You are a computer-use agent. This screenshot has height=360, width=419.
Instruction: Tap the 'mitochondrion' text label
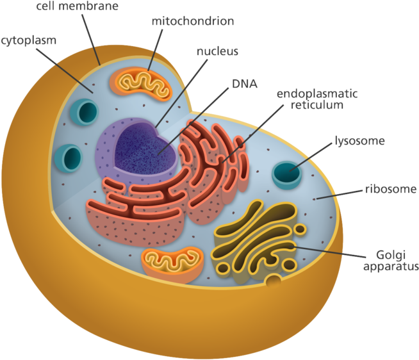[192, 20]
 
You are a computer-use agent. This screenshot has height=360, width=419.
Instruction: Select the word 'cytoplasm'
[28, 40]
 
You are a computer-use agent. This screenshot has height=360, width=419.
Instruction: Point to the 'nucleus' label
[218, 51]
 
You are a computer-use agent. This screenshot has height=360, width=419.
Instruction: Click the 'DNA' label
[243, 83]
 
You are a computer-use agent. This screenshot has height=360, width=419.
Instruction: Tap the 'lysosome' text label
[359, 140]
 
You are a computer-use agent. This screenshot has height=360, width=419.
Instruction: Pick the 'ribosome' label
[391, 190]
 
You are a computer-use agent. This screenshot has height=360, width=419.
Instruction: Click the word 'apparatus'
[390, 266]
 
